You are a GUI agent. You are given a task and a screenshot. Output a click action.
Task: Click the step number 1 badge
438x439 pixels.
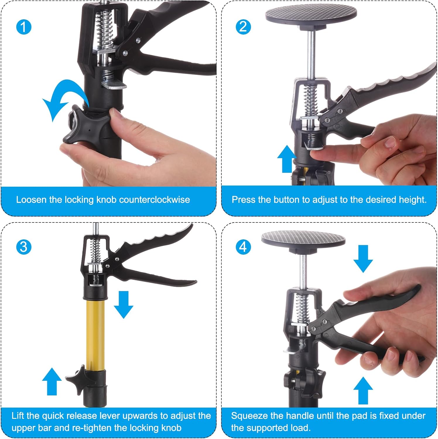tap(24, 27)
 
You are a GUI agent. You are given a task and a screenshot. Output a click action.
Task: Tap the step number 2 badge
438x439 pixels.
tap(243, 27)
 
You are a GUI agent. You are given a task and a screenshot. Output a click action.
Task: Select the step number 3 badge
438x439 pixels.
tap(24, 247)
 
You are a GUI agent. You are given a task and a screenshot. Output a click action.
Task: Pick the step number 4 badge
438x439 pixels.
tap(243, 247)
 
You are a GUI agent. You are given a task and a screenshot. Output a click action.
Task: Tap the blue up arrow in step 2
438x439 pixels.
tap(287, 159)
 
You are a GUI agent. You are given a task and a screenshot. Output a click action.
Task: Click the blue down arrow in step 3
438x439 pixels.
tap(124, 305)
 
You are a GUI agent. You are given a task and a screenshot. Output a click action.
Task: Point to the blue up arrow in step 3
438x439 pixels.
tap(52, 381)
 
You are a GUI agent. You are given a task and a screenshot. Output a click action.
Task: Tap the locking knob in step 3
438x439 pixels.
tap(77, 380)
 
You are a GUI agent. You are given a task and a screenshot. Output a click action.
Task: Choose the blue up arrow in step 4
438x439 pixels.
tap(363, 390)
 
